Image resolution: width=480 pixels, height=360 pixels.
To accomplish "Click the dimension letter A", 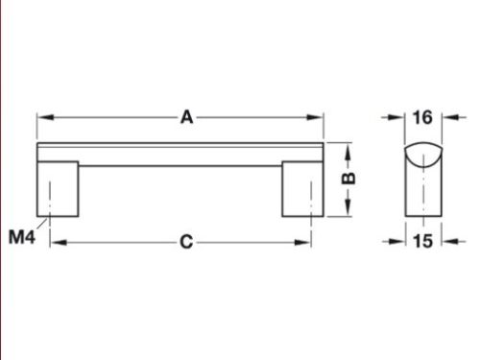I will pyautogui.click(x=187, y=117).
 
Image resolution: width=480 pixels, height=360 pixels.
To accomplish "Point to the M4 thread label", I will pyautogui.click(x=23, y=235).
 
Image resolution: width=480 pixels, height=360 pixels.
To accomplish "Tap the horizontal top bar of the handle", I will pyautogui.click(x=179, y=153).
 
